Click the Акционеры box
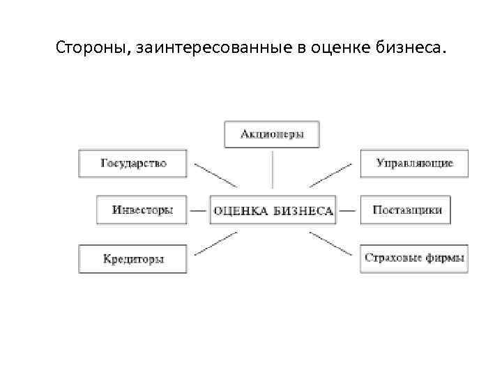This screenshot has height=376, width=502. pos(272,134)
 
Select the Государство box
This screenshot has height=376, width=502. pos(133,163)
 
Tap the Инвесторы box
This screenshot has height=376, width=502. pos(142,210)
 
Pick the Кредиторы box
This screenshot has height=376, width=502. pos(133,258)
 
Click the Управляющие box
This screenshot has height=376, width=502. pos(414,163)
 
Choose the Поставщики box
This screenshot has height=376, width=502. pos(406,210)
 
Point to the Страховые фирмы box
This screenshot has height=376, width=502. pos(414,258)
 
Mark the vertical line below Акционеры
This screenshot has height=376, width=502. pos(272,169)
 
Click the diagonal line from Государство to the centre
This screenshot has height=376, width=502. pos(215,175)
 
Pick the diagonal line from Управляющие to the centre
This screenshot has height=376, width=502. pos(331,175)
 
